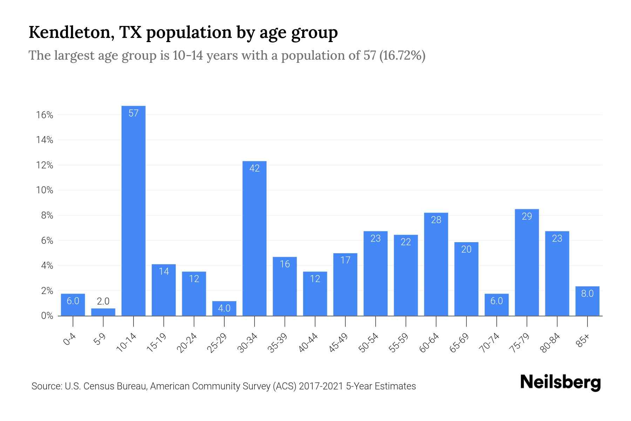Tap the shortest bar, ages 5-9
(x=103, y=312)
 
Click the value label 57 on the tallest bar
(x=134, y=113)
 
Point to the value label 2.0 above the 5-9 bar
(x=103, y=301)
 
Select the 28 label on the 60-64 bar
(x=436, y=220)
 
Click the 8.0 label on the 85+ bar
(x=587, y=294)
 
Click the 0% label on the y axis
(x=47, y=316)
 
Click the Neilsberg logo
(x=560, y=382)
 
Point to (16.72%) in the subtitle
(x=402, y=55)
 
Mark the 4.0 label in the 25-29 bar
(x=224, y=308)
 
